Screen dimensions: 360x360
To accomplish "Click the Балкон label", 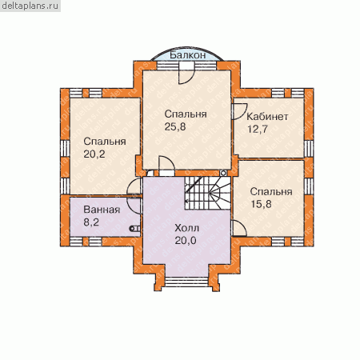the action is [x=188, y=55].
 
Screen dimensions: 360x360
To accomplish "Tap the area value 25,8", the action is [x=175, y=126].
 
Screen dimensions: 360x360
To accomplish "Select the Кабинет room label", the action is [x=267, y=117].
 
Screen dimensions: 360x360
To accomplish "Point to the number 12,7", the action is [x=258, y=129].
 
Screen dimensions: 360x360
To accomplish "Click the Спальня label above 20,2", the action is [x=105, y=142].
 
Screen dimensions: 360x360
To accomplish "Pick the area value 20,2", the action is [x=94, y=154].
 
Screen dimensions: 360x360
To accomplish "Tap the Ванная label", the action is [x=102, y=210].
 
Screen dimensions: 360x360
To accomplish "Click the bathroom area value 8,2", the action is [x=91, y=222].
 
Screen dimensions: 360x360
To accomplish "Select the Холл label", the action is [x=186, y=228].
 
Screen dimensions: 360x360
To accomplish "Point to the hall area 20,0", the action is [x=186, y=241].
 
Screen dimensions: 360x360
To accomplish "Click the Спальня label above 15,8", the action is [x=271, y=191].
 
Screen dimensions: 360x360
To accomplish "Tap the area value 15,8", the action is [x=261, y=204].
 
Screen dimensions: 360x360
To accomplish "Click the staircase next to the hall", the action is [x=208, y=193].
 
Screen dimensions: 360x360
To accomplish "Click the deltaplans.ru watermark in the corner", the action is [x=30, y=6].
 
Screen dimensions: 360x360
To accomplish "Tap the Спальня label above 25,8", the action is [x=186, y=114].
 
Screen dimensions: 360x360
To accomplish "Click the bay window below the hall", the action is [x=186, y=282].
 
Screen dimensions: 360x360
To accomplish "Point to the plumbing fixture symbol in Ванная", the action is [x=134, y=229].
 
